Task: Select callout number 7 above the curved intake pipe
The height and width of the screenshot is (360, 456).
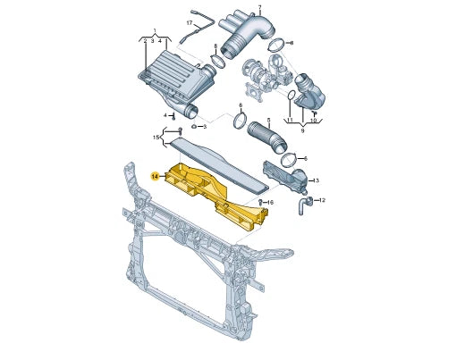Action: tap(260, 7)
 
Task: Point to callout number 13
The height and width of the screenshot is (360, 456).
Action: tap(316, 180)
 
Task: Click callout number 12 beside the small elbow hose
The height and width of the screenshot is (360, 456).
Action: tap(322, 200)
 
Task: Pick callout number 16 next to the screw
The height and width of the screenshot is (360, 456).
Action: tap(270, 203)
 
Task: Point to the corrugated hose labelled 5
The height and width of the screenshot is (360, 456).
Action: tap(265, 136)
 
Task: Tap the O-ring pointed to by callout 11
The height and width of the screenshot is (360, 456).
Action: tap(293, 96)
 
